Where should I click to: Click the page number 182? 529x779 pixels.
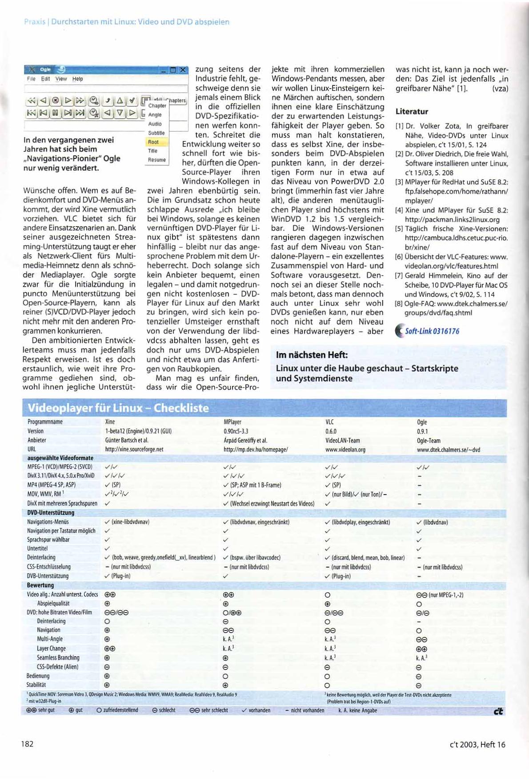click(x=28, y=744)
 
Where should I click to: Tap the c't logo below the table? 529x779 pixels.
click(x=498, y=711)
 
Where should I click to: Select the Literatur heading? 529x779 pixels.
click(x=412, y=111)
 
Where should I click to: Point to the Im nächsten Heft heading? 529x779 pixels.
click(x=312, y=355)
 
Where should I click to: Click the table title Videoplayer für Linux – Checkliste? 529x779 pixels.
click(x=118, y=408)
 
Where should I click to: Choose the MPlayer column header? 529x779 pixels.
click(x=232, y=422)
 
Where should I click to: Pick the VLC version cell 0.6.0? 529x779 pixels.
click(x=331, y=431)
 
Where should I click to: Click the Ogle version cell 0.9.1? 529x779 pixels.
click(x=422, y=431)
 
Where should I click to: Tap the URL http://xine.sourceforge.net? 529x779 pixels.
click(x=134, y=450)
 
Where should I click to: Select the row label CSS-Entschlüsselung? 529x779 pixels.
click(x=49, y=567)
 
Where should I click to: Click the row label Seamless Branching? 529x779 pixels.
click(x=58, y=657)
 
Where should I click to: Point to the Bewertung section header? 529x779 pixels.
click(x=40, y=585)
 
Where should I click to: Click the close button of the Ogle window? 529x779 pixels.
click(x=183, y=70)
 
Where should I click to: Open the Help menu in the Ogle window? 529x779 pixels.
click(x=78, y=79)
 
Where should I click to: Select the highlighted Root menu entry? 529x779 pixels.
click(x=153, y=142)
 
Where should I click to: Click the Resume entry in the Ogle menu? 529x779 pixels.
click(x=157, y=160)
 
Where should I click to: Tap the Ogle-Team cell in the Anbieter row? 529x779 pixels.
click(x=429, y=441)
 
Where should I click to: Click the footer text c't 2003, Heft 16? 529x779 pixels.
click(x=477, y=744)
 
